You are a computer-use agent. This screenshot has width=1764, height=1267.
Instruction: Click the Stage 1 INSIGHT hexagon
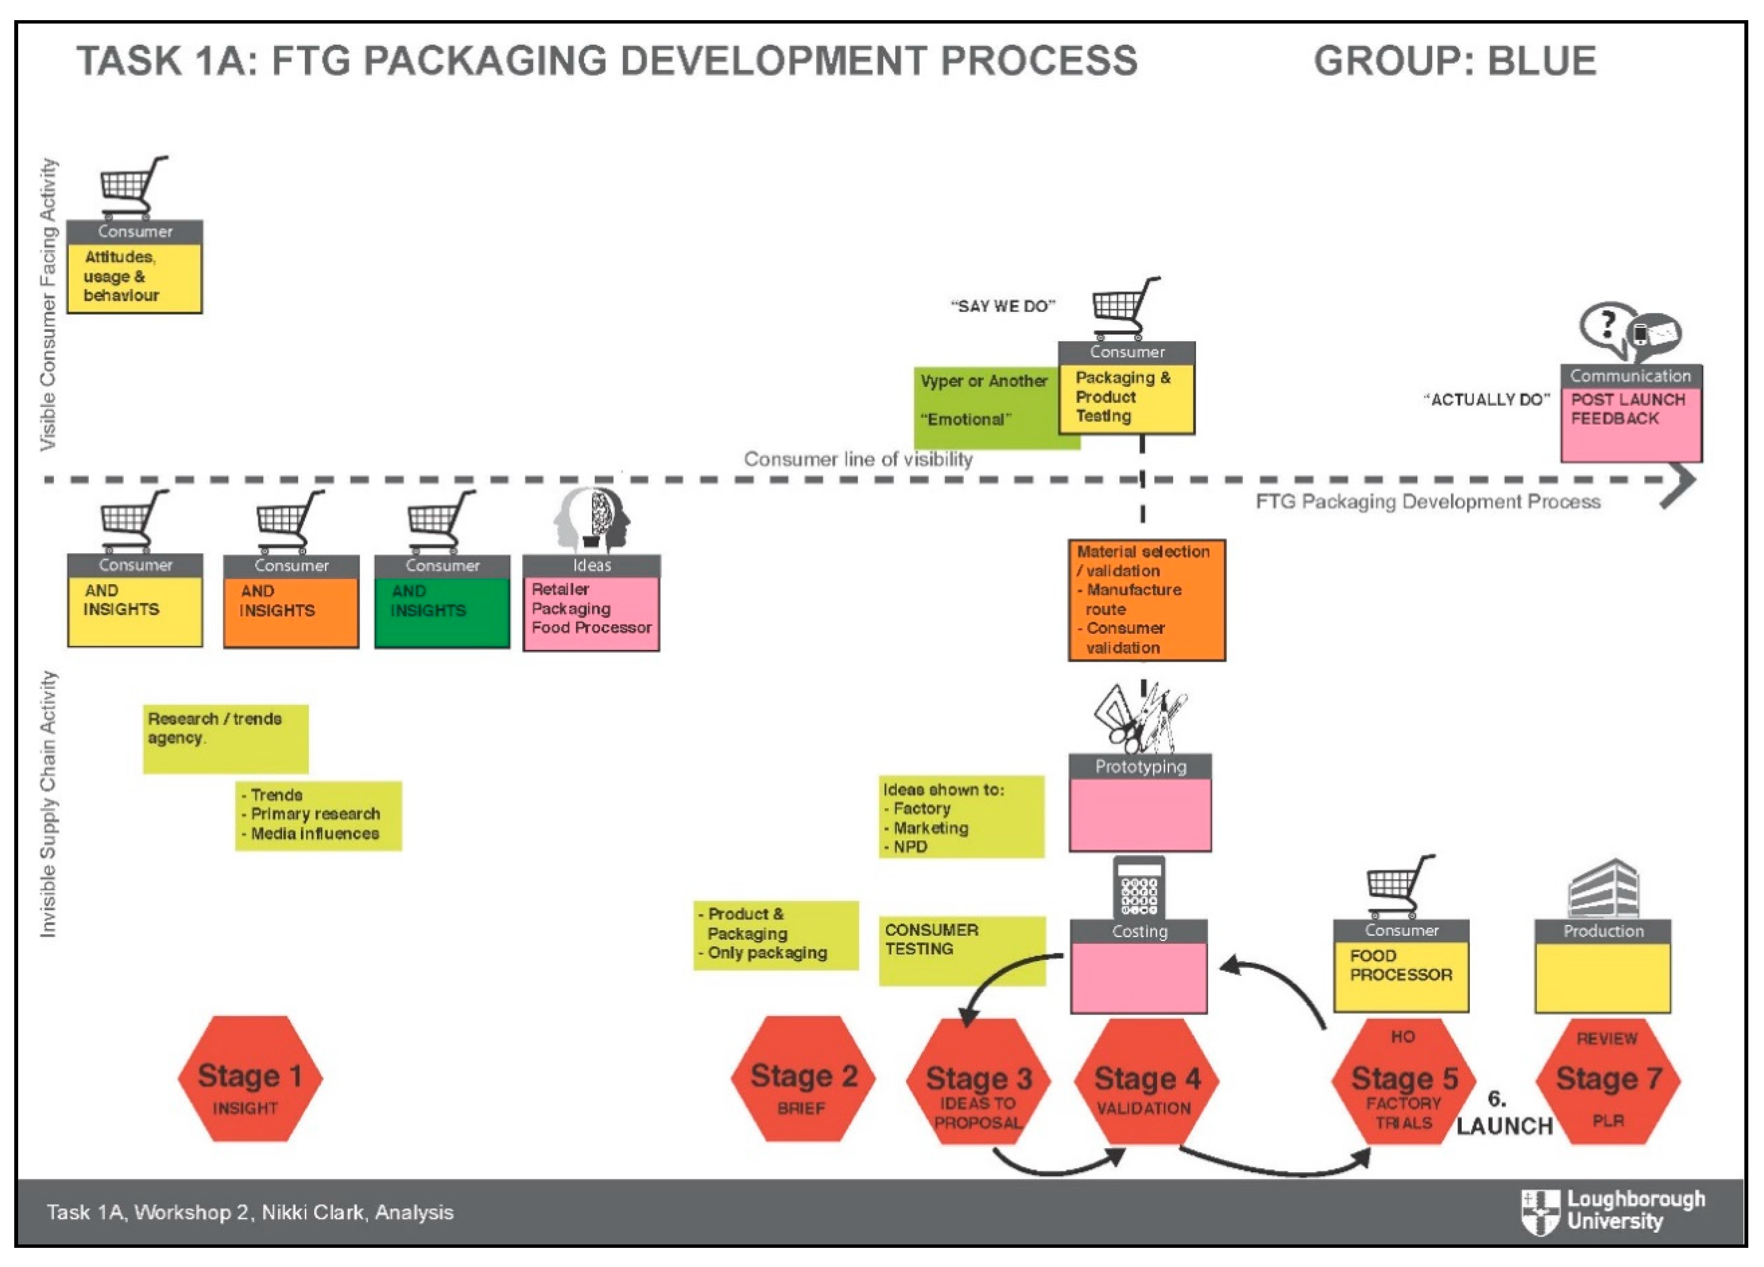[250, 1079]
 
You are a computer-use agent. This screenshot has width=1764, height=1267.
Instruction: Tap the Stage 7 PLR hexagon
[1607, 1081]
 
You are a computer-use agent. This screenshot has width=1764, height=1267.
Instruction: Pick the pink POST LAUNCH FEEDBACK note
[1630, 424]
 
